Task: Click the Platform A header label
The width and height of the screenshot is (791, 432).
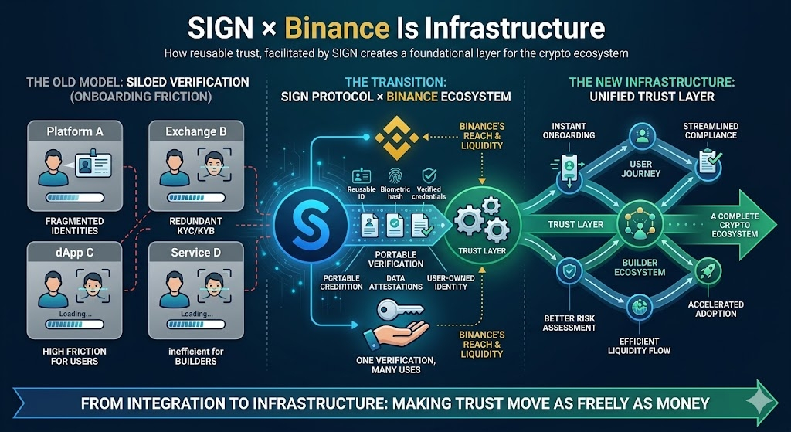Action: pyautogui.click(x=75, y=131)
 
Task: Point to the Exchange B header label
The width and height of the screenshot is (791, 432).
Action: pyautogui.click(x=196, y=131)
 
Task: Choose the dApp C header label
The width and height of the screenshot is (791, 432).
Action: pyautogui.click(x=74, y=251)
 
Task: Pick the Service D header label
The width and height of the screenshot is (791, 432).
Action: pyautogui.click(x=196, y=251)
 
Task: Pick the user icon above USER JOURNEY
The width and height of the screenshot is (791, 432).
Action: pyautogui.click(x=640, y=137)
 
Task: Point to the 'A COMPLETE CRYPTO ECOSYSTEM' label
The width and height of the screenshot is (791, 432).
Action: pyautogui.click(x=733, y=225)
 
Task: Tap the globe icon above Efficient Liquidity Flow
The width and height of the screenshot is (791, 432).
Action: pyautogui.click(x=639, y=306)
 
